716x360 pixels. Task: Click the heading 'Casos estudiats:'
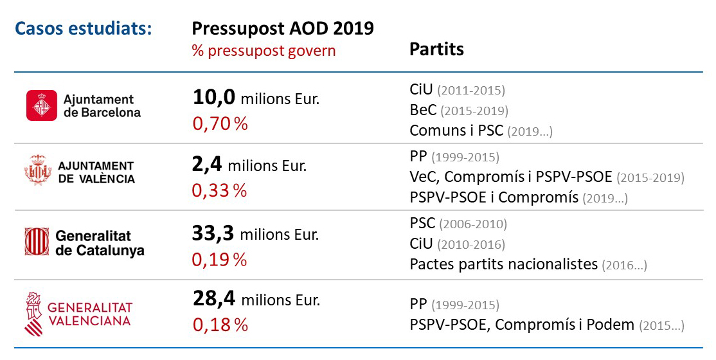83,30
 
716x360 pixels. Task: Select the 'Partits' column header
436,50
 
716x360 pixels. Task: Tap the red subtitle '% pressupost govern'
264,51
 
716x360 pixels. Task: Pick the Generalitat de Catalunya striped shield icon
37,242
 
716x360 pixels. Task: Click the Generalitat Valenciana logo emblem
35,313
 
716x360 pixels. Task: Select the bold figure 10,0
214,98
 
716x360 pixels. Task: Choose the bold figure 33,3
214,233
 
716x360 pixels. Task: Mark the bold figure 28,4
214,298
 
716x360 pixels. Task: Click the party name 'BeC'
423,110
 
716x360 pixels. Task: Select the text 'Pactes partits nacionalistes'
503,264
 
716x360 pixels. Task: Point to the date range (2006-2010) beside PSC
473,224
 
